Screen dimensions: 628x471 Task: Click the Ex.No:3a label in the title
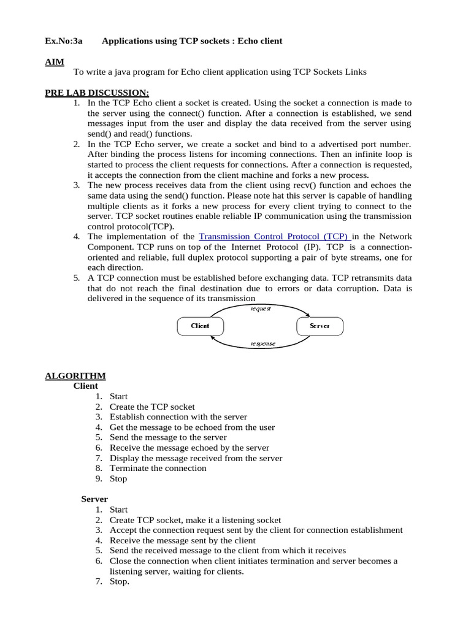tap(63, 41)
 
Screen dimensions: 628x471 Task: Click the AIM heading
tap(54, 61)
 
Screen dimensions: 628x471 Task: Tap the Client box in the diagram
tap(200, 326)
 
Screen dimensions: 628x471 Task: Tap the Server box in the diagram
tap(320, 326)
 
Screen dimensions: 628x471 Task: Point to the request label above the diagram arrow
tap(261, 308)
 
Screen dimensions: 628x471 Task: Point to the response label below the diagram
tap(262, 344)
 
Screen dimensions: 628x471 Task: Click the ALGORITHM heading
tap(75, 376)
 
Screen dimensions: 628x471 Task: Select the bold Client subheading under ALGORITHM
tap(85, 386)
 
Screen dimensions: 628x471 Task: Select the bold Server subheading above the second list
tap(94, 499)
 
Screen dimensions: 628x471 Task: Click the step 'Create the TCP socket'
tap(152, 407)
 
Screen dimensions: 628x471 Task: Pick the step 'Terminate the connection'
tap(158, 468)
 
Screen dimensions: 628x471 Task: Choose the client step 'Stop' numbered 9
tap(118, 478)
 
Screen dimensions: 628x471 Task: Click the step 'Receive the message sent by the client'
tap(182, 540)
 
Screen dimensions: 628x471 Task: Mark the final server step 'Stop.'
tap(120, 581)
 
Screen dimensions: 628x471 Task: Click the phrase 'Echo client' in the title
tap(258, 41)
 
